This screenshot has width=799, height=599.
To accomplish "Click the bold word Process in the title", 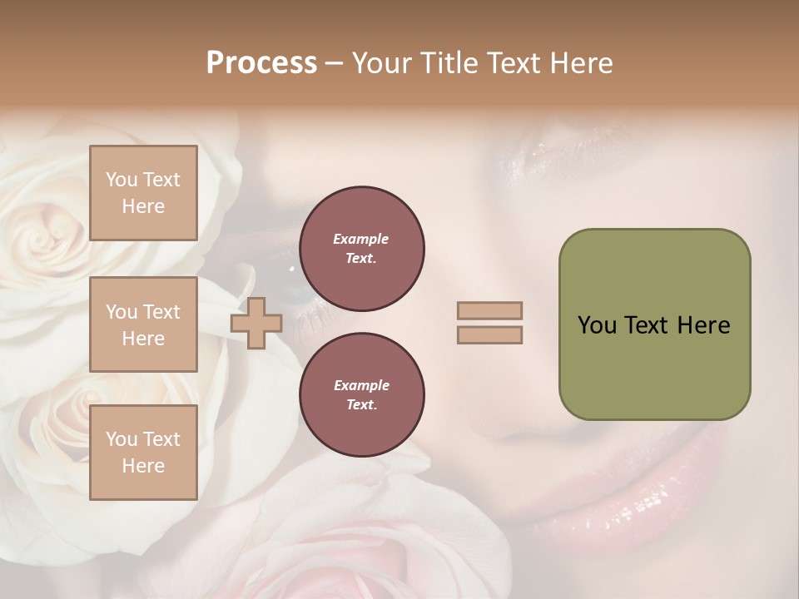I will tap(261, 63).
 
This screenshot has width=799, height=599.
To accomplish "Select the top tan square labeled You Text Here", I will tap(143, 193).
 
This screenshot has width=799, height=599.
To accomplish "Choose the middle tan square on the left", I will tap(143, 324).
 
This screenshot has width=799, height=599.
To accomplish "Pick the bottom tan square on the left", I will tap(143, 453).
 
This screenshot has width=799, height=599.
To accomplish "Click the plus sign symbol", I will tap(256, 323).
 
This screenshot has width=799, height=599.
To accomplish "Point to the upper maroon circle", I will tap(361, 249).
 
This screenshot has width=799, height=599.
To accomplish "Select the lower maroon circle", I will tap(361, 395).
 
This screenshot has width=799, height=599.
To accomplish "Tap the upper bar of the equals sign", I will tap(490, 310).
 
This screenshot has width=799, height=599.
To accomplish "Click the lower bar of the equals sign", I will tap(490, 334).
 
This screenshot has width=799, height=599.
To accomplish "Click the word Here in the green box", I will tap(703, 325).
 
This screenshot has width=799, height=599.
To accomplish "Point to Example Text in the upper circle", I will tap(361, 249).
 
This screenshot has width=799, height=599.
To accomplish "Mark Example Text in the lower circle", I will tap(361, 395).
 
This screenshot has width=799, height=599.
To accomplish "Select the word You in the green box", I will tap(597, 325).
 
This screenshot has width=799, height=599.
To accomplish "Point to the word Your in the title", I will tap(383, 63).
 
